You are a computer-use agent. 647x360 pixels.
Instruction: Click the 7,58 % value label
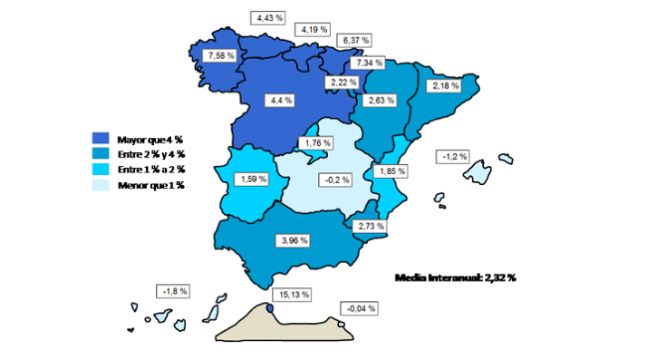click(x=221, y=56)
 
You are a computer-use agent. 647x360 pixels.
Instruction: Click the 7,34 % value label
click(x=370, y=63)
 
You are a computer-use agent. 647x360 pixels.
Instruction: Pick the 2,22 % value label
click(x=340, y=83)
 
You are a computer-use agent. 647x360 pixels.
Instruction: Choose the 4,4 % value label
click(x=281, y=100)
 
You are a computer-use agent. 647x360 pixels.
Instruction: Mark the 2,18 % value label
click(x=446, y=86)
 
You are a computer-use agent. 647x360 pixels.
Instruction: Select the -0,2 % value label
click(x=335, y=180)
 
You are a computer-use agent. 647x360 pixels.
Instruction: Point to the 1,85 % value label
click(x=392, y=170)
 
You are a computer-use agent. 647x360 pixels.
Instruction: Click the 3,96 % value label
click(x=292, y=240)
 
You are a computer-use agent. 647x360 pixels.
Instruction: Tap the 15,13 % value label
click(x=290, y=294)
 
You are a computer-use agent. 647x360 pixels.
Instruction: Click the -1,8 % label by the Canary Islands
click(x=173, y=291)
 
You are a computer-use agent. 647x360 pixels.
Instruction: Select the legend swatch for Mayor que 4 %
click(x=101, y=139)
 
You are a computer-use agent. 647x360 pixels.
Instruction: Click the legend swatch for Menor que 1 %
click(x=101, y=185)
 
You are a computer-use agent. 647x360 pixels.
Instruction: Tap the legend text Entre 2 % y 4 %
click(x=150, y=154)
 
